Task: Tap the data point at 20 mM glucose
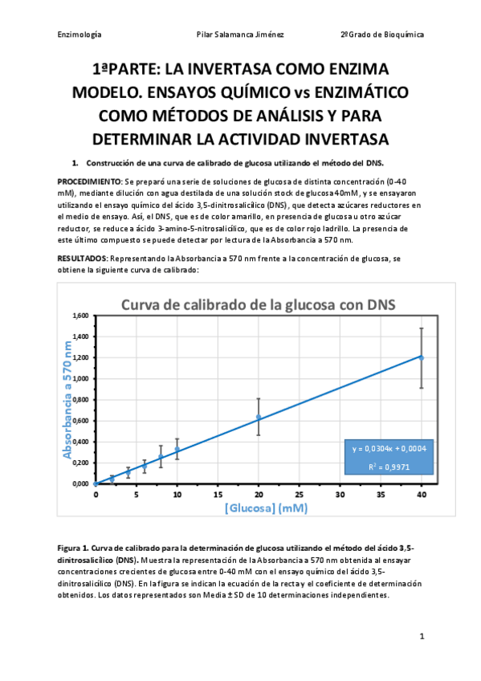[259, 417]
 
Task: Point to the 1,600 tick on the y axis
[80, 316]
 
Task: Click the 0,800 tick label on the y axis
[80, 399]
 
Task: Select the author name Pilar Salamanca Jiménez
[240, 35]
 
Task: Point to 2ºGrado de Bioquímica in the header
[382, 35]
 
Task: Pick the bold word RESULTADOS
[82, 259]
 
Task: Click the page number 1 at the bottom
[421, 636]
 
